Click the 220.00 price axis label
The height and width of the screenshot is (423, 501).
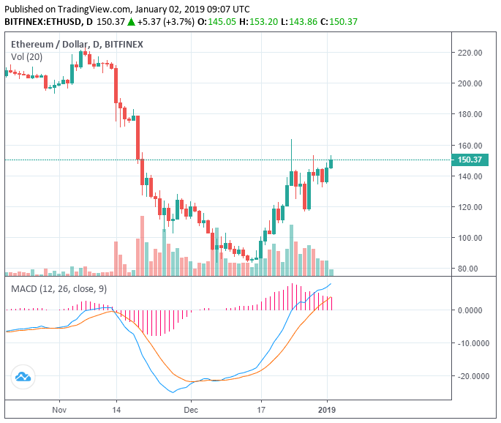[468, 53]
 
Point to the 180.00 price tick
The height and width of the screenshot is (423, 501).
[468, 114]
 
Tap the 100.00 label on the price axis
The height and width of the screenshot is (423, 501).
[468, 238]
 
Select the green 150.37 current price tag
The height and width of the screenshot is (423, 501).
[469, 160]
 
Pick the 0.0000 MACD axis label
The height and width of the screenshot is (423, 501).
[472, 310]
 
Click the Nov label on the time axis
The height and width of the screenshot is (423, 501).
[60, 411]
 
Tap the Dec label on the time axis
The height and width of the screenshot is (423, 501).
[190, 411]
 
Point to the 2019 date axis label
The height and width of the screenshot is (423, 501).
[327, 411]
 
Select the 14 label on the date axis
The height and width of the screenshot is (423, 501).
[116, 411]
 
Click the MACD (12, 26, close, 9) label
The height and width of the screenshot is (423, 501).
[59, 289]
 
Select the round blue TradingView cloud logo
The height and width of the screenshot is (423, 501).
[23, 378]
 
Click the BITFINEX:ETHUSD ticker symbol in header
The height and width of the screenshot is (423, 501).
[42, 22]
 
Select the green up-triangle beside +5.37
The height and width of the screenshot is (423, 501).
[132, 22]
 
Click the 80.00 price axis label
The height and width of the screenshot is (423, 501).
[468, 269]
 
